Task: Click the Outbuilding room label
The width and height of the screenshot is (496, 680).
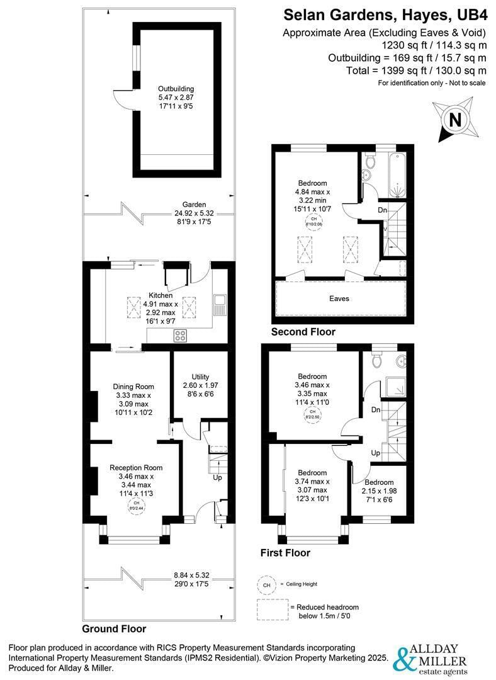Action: point(176,89)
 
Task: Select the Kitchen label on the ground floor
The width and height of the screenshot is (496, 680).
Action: point(161,295)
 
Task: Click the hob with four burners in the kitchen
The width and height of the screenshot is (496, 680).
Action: point(180,335)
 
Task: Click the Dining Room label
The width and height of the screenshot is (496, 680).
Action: point(133,387)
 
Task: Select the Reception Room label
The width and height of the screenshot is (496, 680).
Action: point(136,468)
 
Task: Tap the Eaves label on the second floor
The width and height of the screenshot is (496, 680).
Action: point(340,298)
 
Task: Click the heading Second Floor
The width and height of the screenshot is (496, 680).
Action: point(303,332)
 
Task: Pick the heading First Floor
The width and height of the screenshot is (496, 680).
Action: point(285,553)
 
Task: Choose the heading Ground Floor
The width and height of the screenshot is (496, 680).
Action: point(114,629)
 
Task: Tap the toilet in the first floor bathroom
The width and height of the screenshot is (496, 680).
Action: point(377,360)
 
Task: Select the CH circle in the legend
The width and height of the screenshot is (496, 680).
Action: point(266,585)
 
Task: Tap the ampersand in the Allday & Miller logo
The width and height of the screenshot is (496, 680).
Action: point(402,658)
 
